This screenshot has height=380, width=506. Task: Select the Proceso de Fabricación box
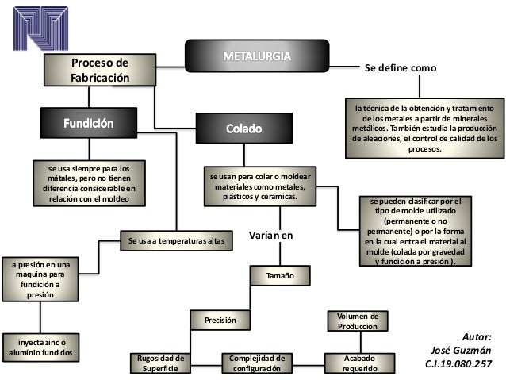tap(98, 70)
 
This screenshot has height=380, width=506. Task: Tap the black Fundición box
tap(89, 125)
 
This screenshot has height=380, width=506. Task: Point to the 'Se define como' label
tap(400, 69)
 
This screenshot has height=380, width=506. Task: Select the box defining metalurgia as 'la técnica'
tap(426, 127)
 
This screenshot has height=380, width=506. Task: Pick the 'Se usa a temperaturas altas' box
tap(176, 240)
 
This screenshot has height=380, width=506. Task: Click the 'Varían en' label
tap(271, 236)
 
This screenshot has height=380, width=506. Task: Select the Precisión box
tap(221, 320)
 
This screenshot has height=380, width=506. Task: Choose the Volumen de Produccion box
tap(357, 321)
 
